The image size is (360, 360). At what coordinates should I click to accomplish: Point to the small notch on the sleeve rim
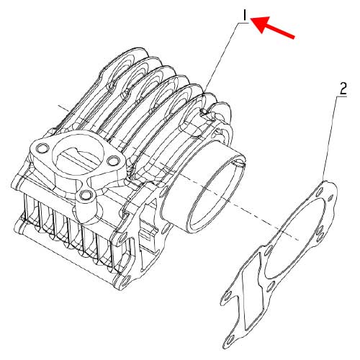[240, 168]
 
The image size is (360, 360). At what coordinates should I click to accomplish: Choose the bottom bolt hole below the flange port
[87, 196]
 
